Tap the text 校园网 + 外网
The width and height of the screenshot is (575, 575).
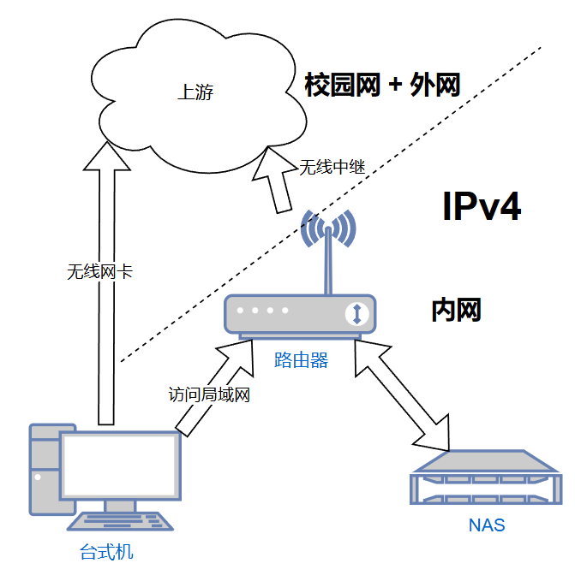tap(383, 85)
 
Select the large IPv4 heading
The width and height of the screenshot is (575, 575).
tap(482, 208)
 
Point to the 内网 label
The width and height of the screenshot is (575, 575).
tap(456, 311)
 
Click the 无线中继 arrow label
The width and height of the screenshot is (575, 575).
tap(332, 167)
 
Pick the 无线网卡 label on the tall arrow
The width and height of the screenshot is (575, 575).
tap(99, 272)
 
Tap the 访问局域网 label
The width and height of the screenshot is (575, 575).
tap(209, 395)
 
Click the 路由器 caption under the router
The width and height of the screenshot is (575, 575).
tap(301, 360)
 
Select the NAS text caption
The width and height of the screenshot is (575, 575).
tap(486, 525)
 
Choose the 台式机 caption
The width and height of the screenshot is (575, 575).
tap(106, 552)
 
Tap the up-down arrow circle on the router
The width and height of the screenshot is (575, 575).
tap(356, 313)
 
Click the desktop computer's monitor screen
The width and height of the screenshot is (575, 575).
tap(120, 467)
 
